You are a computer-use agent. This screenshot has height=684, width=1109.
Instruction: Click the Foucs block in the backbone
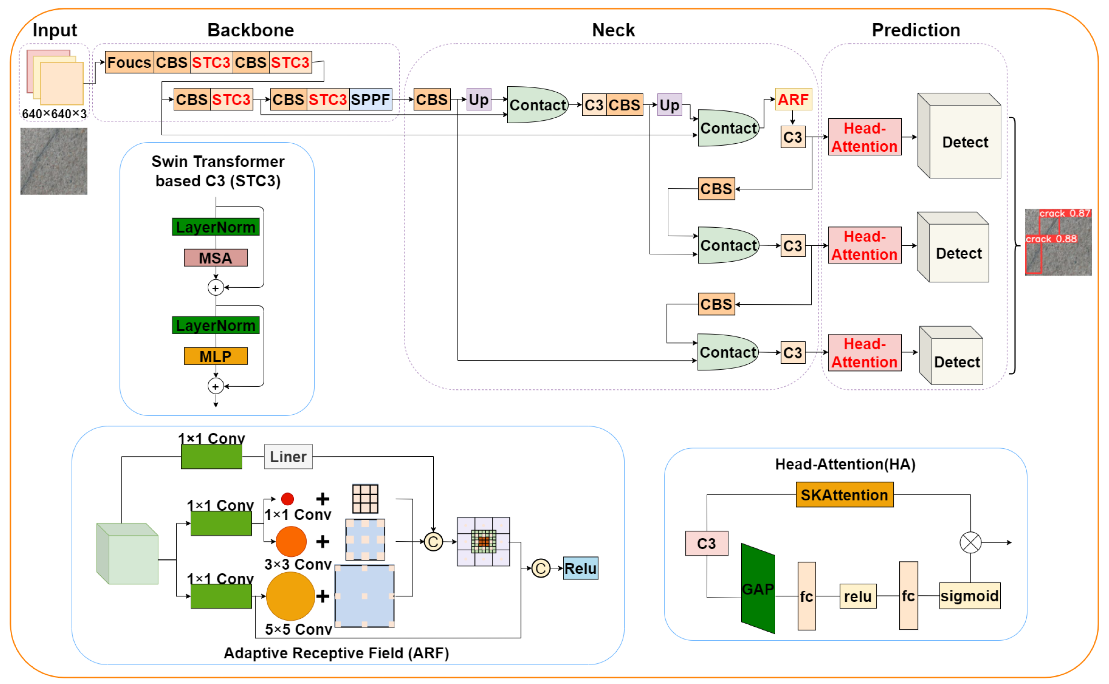coord(129,62)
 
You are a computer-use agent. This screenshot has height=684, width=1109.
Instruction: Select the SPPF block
coord(370,100)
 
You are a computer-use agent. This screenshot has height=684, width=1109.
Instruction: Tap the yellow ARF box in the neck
coord(793,100)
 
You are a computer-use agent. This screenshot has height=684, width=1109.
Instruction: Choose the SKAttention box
coord(844,495)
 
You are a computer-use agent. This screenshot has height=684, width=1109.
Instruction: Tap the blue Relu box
coord(581,568)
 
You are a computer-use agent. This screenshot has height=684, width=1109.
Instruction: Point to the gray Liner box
coord(288,456)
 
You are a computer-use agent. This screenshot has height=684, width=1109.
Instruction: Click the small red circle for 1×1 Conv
coord(287,499)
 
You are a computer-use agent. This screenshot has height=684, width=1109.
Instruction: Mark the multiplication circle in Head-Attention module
coord(970,542)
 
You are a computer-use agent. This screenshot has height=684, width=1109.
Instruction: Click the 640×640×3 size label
coord(54,114)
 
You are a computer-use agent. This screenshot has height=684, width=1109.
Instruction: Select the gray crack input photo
coord(54,161)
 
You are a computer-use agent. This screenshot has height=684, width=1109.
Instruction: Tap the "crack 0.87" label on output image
coord(1064,213)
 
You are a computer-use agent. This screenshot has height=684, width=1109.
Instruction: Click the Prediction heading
coord(916,30)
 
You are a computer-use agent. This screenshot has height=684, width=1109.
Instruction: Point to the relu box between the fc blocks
coord(857,596)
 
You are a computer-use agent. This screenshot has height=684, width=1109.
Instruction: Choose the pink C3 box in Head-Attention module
coord(706,543)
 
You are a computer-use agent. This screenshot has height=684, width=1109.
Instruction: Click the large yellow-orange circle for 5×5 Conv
coord(291,596)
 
